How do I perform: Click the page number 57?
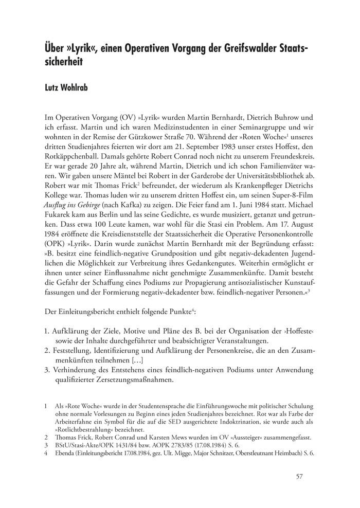tap(299, 476)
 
